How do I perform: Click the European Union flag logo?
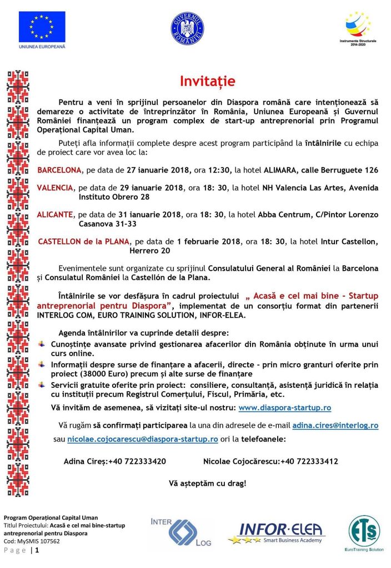click(42, 27)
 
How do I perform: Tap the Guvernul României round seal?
click(187, 29)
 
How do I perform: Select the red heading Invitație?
click(208, 82)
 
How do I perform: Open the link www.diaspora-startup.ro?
click(284, 408)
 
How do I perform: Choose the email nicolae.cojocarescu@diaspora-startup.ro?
click(143, 439)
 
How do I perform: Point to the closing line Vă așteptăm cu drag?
click(207, 483)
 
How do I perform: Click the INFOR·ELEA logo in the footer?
click(280, 534)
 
